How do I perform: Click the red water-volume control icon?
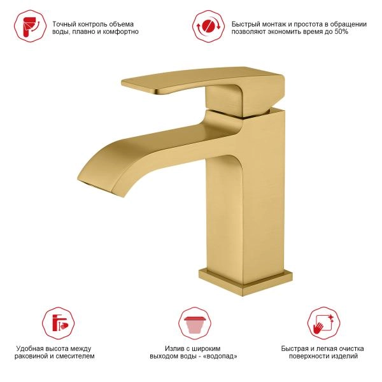click(30, 26)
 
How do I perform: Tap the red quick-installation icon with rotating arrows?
click(209, 26)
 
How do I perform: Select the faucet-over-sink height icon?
click(59, 323)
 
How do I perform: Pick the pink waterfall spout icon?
click(195, 323)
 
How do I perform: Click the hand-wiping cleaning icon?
click(323, 323)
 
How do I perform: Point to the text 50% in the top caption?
click(341, 31)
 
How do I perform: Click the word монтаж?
click(276, 24)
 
